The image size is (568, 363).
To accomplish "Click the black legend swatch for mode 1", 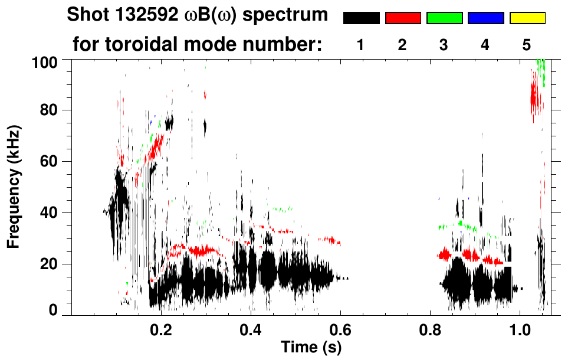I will pyautogui.click(x=361, y=18).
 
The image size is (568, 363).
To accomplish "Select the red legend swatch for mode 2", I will pyautogui.click(x=403, y=18).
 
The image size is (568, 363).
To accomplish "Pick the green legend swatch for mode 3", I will pyautogui.click(x=444, y=18).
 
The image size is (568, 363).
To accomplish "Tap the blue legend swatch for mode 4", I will pyautogui.click(x=485, y=18).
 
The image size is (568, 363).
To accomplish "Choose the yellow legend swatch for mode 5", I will pyautogui.click(x=527, y=18).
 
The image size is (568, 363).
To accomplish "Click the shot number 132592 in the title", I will pyautogui.click(x=143, y=15).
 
